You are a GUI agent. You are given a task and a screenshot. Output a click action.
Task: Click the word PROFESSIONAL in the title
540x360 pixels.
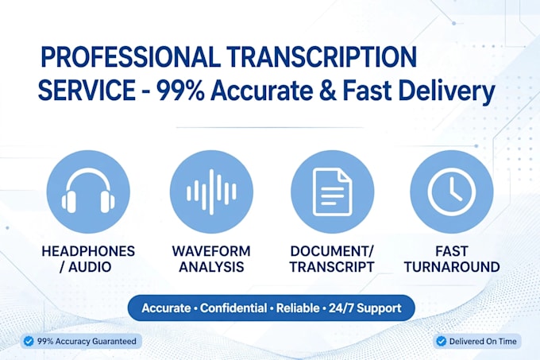[130, 57]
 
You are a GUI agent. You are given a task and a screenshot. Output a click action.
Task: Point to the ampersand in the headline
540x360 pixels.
[328, 91]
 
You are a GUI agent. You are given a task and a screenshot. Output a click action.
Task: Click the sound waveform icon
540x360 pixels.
[211, 192]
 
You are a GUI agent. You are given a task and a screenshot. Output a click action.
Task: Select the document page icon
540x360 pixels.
[332, 192]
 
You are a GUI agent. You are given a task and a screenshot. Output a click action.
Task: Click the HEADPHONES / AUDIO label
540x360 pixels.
[88, 259]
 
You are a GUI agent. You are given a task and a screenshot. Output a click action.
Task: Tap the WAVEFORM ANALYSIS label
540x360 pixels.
[211, 259]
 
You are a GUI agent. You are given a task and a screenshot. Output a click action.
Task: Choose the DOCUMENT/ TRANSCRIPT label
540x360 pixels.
[332, 259]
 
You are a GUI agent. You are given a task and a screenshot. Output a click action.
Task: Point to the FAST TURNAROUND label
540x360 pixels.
[452, 259]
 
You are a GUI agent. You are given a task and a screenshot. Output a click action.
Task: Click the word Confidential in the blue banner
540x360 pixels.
[233, 308]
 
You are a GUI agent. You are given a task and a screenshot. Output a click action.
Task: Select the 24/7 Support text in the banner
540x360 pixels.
[365, 308]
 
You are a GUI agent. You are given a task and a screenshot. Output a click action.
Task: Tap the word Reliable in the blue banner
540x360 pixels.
[298, 308]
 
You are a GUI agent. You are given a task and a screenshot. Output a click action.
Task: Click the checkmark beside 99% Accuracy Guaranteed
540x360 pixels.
[29, 342]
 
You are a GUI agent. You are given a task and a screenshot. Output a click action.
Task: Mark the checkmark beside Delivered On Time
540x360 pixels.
[441, 342]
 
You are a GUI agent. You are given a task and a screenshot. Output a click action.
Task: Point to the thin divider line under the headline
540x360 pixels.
[270, 127]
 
